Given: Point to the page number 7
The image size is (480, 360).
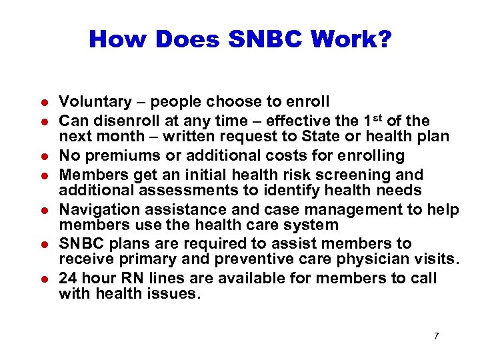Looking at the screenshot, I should click(x=436, y=336).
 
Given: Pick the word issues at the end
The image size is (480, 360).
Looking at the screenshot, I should click(x=175, y=294).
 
